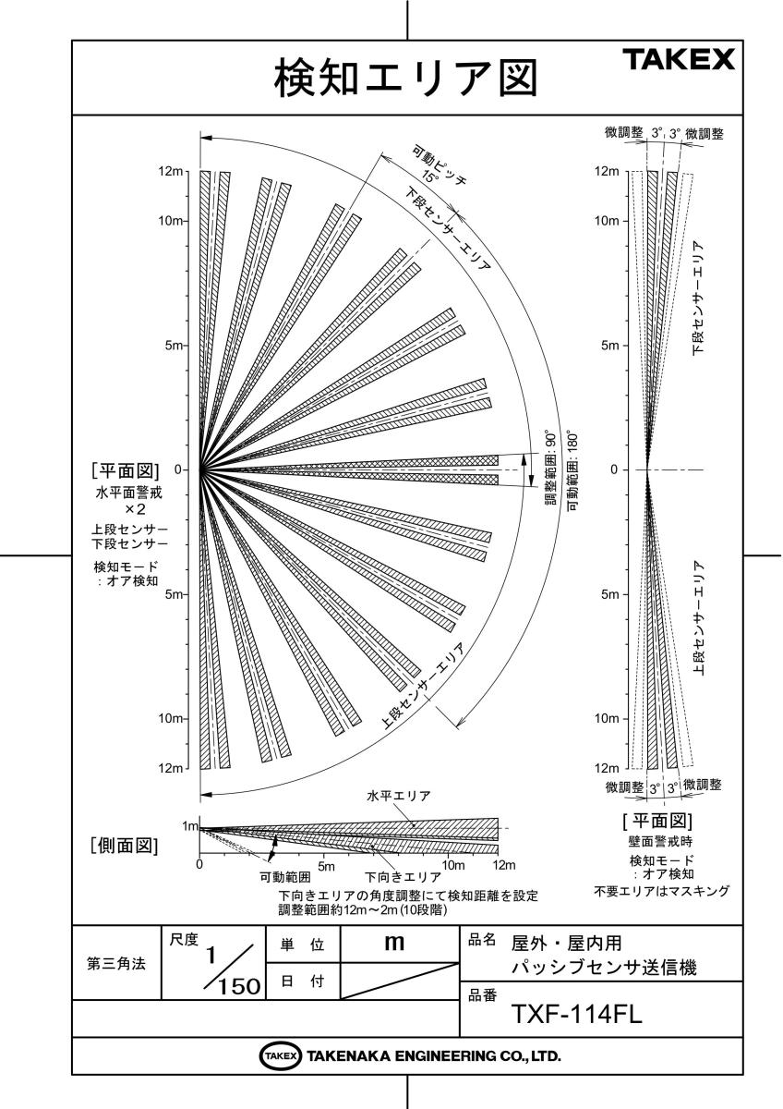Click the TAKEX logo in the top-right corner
pyautogui.click(x=681, y=59)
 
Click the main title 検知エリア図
pyautogui.click(x=405, y=78)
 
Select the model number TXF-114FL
pyautogui.click(x=576, y=1013)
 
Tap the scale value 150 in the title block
pyautogui.click(x=238, y=986)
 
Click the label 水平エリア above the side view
pyautogui.click(x=398, y=796)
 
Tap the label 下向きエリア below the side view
pyautogui.click(x=404, y=877)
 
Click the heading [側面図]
pyautogui.click(x=125, y=845)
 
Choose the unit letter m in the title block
pyautogui.click(x=394, y=942)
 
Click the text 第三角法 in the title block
pyautogui.click(x=116, y=963)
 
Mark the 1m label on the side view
pyautogui.click(x=190, y=826)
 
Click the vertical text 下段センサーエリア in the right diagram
pyautogui.click(x=698, y=298)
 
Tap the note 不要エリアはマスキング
pyautogui.click(x=661, y=891)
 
